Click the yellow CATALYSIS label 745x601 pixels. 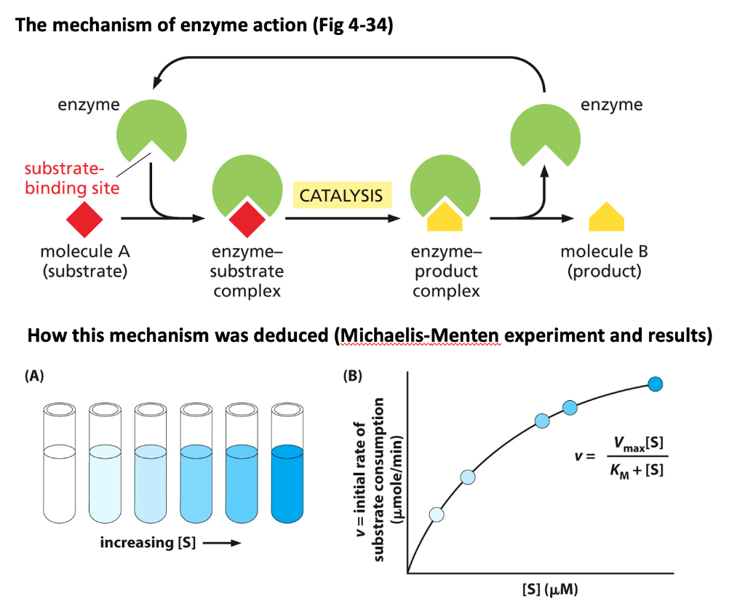(x=342, y=195)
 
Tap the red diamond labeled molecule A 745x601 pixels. (x=84, y=219)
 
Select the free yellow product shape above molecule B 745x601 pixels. (x=606, y=217)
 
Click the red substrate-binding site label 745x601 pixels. (x=72, y=178)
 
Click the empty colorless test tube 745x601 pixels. (x=60, y=463)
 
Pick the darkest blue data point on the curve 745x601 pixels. (x=656, y=384)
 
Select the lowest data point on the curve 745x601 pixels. (x=437, y=514)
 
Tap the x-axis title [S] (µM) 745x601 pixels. (x=550, y=589)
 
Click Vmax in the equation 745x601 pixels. (x=629, y=444)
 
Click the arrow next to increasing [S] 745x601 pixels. (x=223, y=543)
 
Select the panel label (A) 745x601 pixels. (x=34, y=375)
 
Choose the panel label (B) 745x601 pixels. (x=353, y=375)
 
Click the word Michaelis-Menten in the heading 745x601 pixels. (x=420, y=335)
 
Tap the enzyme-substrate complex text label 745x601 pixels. (x=247, y=271)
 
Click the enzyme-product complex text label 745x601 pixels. (x=446, y=271)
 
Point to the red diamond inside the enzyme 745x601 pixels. (x=247, y=219)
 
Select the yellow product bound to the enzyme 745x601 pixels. (x=445, y=217)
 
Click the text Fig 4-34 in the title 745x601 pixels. (x=353, y=25)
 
